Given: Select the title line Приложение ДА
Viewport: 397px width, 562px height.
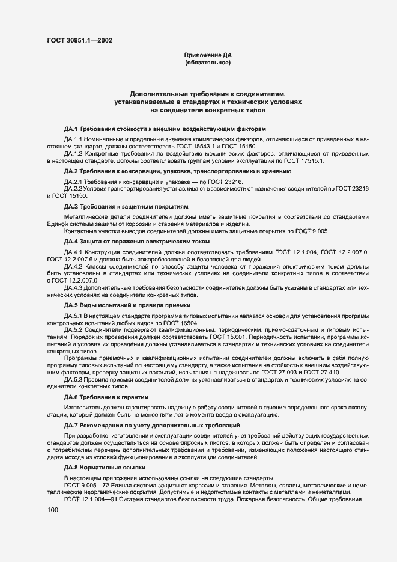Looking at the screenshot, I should [208, 55].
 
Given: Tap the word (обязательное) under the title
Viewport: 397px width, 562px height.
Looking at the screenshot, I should [208, 62].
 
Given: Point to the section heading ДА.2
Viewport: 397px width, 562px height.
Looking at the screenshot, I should [71, 171].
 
